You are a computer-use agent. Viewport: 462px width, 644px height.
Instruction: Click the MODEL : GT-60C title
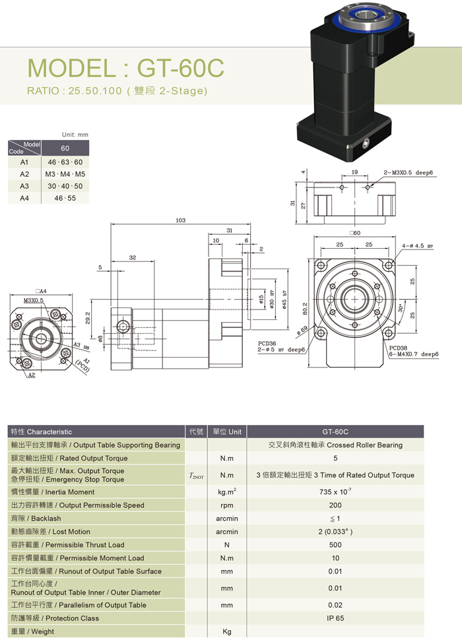tap(125, 69)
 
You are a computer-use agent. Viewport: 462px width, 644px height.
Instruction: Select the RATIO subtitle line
tap(117, 91)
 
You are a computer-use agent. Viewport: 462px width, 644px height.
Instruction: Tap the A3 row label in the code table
tap(24, 186)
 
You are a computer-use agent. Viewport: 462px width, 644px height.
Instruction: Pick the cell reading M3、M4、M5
tap(65, 174)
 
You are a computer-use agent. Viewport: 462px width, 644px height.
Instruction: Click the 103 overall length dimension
tap(180, 220)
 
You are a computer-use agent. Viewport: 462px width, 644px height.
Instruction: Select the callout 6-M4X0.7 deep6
tap(414, 354)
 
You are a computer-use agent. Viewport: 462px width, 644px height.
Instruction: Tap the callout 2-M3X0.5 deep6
tap(408, 172)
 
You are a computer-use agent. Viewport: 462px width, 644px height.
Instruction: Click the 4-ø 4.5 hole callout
tap(418, 246)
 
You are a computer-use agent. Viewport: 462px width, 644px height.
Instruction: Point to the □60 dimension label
tap(355, 233)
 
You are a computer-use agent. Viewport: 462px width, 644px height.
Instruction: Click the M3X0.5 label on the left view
tap(33, 300)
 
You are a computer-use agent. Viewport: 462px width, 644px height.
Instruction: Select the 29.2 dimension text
tap(88, 319)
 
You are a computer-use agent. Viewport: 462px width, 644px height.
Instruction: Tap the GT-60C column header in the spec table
tap(335, 432)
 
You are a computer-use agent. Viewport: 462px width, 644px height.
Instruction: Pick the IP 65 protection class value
tap(335, 618)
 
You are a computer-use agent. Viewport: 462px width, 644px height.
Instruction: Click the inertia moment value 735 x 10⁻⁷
tap(335, 492)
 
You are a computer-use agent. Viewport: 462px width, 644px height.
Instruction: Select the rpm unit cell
tap(226, 505)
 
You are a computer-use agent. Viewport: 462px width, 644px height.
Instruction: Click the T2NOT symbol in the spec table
tap(196, 475)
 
